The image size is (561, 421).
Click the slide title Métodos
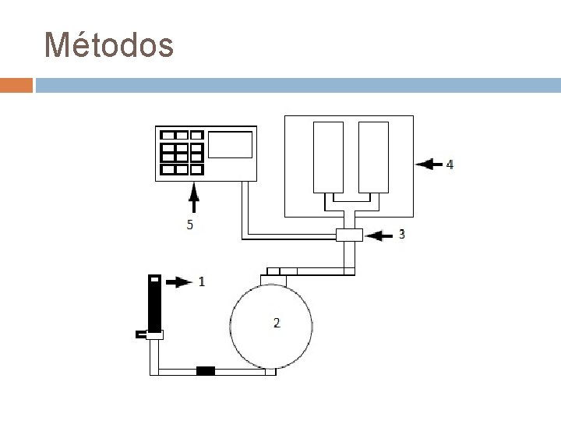point(109,45)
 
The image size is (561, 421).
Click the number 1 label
point(203,281)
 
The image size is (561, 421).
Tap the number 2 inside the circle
point(277,321)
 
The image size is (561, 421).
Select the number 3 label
point(401,234)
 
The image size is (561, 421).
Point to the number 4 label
point(449,165)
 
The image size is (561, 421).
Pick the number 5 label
point(189,225)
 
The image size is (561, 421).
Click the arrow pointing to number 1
point(179,281)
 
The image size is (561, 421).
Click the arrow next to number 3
point(379,234)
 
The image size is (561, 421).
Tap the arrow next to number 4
point(429,165)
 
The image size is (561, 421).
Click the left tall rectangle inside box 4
point(328,157)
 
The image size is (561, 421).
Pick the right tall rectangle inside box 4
point(373,157)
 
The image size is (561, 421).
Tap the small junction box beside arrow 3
point(348,234)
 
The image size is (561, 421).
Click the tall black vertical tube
point(155,304)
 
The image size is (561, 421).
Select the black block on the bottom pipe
point(205,371)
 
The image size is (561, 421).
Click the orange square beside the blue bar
point(16,85)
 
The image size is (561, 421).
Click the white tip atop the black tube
point(154,278)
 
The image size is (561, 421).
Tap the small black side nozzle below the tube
point(140,335)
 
